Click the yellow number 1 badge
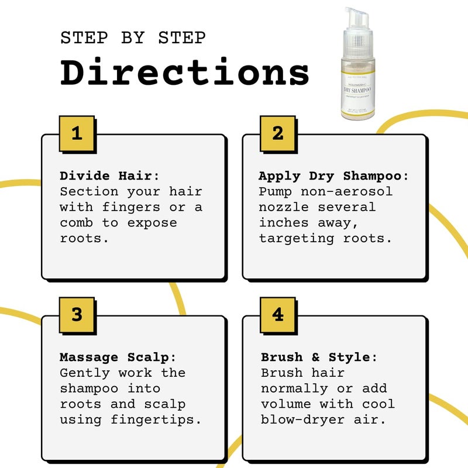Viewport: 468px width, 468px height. pyautogui.click(x=76, y=133)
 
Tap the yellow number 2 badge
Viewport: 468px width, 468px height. pyautogui.click(x=278, y=133)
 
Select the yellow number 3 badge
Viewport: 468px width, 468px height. pyautogui.click(x=76, y=315)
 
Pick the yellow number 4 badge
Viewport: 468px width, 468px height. pyautogui.click(x=278, y=315)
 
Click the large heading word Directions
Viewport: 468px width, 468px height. pyautogui.click(x=185, y=73)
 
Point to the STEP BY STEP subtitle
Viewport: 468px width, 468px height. pyautogui.click(x=133, y=38)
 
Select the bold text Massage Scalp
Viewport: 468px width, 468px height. pyautogui.click(x=118, y=357)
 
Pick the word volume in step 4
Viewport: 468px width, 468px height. pyautogui.click(x=285, y=404)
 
